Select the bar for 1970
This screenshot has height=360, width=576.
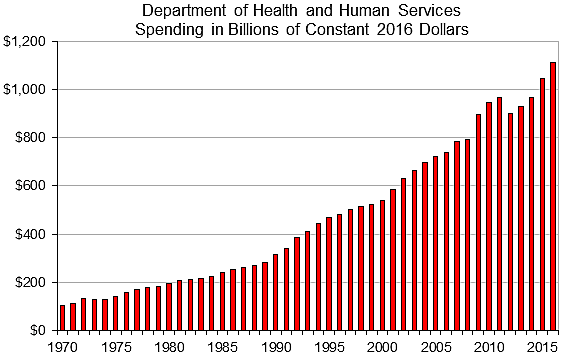63,317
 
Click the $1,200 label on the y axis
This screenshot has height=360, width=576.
24,42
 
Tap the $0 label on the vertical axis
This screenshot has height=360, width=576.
38,330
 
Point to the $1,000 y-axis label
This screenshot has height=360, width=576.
24,90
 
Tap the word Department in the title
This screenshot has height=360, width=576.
181,10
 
